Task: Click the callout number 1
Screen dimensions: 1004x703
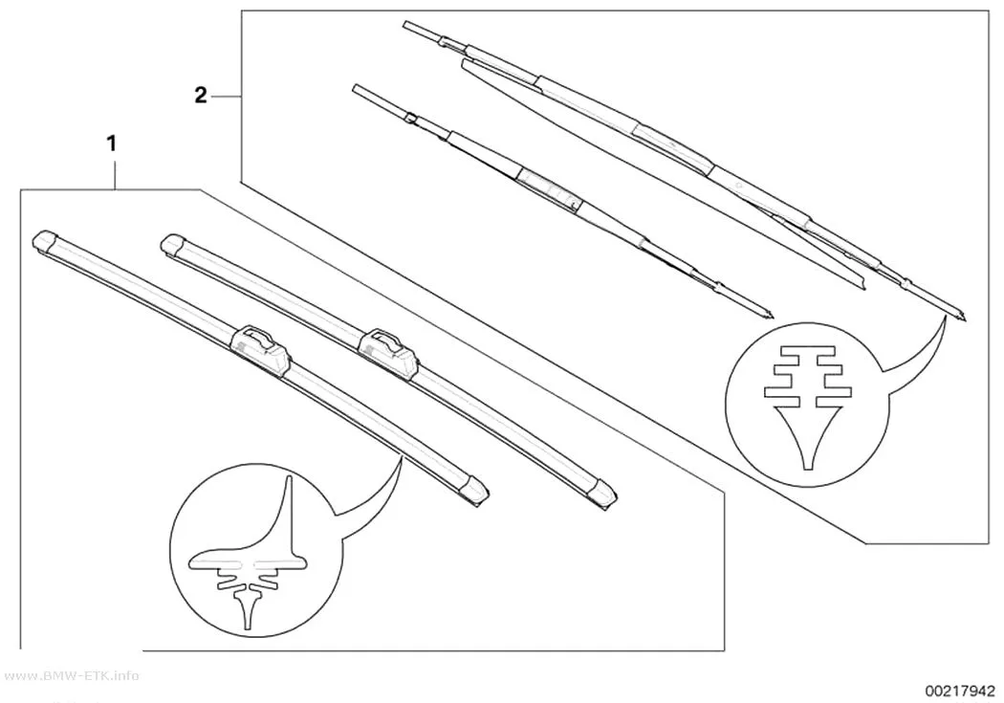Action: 112,144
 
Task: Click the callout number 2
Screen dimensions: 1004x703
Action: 201,96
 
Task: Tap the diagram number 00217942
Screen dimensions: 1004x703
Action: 958,691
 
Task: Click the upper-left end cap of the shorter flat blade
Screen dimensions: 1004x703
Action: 173,245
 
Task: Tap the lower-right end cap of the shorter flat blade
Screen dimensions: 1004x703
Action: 603,493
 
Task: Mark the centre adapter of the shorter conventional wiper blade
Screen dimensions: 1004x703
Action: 548,188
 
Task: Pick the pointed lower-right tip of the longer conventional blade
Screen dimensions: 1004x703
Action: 964,319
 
